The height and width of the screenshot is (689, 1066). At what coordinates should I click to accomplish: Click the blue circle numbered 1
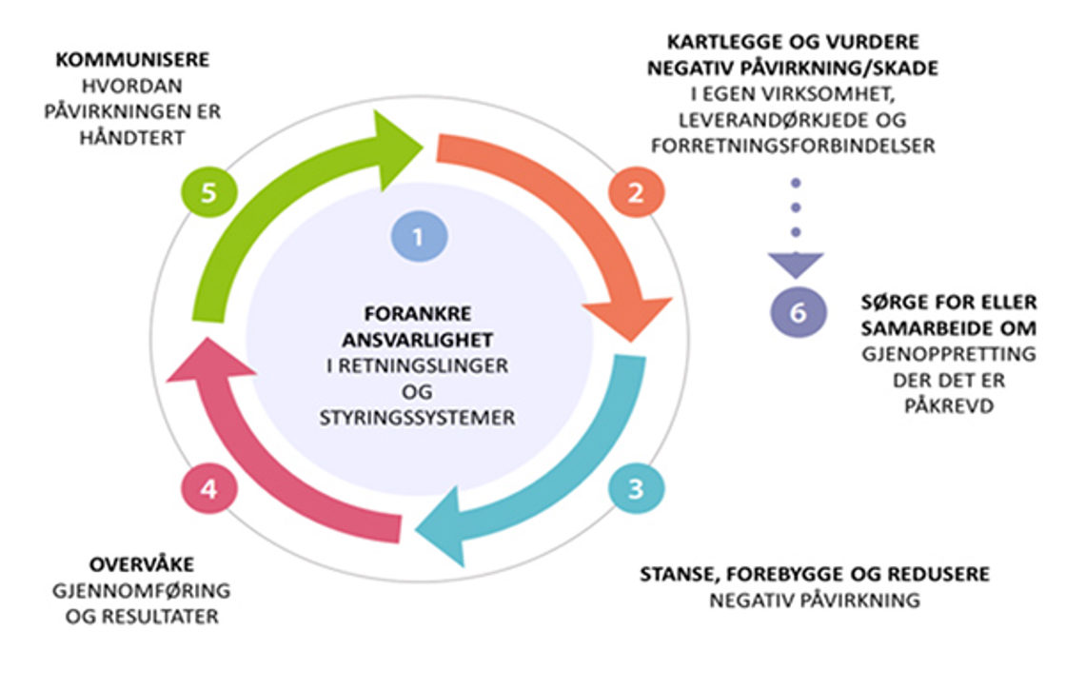(x=420, y=234)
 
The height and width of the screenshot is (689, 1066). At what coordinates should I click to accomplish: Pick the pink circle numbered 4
(x=208, y=489)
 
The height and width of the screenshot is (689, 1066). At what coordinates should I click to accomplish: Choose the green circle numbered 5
(x=208, y=192)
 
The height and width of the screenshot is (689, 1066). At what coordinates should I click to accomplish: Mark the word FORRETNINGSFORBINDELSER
(x=791, y=147)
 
